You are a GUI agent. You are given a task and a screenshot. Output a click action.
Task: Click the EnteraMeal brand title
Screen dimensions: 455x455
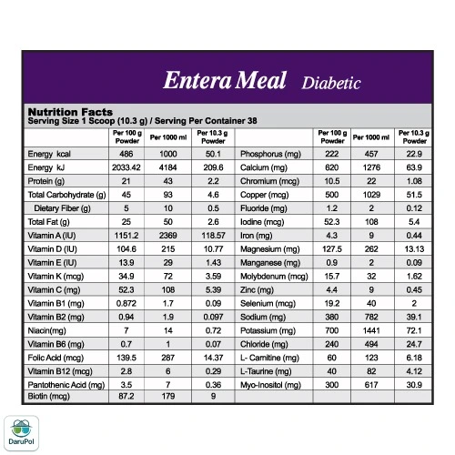point(225,80)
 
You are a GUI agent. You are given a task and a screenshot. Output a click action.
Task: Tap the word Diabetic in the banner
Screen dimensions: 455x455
point(331,83)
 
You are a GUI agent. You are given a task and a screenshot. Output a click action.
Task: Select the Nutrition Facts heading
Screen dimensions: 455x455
point(70,112)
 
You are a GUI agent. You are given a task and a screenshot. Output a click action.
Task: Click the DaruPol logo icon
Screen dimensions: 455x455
point(21,433)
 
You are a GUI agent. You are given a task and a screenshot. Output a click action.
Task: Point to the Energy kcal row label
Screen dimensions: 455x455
point(49,154)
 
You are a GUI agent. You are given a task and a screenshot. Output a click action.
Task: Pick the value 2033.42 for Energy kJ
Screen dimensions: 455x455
point(126,167)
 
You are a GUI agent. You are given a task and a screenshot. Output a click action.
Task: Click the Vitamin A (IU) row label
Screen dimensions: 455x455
point(52,236)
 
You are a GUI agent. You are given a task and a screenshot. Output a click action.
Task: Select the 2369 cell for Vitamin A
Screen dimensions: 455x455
point(168,236)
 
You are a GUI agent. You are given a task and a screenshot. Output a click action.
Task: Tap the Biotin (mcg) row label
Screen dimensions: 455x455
point(49,396)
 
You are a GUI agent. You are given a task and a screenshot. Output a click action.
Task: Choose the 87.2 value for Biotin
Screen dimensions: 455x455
point(126,396)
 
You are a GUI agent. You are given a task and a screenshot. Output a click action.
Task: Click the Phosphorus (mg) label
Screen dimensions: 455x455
point(270,154)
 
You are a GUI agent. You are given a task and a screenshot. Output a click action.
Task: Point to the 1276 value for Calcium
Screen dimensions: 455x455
point(371,167)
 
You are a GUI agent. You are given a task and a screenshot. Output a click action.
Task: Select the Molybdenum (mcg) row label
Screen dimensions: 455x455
point(274,277)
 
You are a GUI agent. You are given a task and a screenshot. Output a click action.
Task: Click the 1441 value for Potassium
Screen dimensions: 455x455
point(371,330)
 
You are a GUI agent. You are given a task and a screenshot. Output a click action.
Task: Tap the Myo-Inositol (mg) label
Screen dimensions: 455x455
point(270,385)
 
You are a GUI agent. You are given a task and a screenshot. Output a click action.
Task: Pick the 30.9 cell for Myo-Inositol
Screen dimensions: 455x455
point(414,385)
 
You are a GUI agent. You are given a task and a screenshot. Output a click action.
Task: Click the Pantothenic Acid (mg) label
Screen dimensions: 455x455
point(66,385)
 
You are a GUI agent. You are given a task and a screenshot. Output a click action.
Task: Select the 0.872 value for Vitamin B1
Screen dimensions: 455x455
point(126,303)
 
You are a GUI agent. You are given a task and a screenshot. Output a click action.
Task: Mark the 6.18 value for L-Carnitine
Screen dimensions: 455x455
point(414,358)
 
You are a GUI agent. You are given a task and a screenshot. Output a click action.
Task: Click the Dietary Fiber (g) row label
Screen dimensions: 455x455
point(62,208)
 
